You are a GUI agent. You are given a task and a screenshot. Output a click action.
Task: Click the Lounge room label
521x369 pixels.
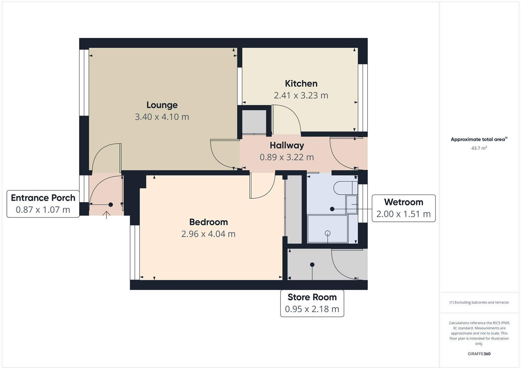[162, 105]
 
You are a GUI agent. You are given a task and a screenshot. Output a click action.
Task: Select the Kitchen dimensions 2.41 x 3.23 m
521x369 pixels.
[301, 95]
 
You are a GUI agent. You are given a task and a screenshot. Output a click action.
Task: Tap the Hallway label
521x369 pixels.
[287, 145]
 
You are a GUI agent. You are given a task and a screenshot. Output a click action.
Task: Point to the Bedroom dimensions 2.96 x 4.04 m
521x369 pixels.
[208, 234]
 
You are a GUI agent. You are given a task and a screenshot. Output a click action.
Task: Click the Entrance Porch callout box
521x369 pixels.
[43, 204]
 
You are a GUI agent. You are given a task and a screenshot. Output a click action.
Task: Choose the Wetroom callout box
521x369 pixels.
[403, 208]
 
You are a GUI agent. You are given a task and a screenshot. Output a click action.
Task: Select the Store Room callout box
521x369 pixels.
[312, 303]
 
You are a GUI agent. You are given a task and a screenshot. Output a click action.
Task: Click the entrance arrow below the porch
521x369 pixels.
[106, 215]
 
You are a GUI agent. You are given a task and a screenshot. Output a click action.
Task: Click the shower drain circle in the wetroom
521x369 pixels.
[328, 233]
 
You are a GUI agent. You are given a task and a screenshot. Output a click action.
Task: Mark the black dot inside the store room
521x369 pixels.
[312, 264]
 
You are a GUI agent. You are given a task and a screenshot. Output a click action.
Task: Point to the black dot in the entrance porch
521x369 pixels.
[111, 205]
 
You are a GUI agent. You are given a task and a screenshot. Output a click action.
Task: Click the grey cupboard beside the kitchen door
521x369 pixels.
[254, 121]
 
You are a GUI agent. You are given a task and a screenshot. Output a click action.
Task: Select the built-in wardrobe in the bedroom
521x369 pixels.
[293, 209]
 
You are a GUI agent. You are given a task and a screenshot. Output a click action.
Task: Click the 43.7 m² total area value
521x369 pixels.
[479, 148]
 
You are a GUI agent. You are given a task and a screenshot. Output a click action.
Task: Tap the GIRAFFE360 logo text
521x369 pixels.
[479, 354]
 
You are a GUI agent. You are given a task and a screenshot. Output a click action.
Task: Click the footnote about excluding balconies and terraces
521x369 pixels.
[479, 302]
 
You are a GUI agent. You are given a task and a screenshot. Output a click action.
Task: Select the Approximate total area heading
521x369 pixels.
[479, 139]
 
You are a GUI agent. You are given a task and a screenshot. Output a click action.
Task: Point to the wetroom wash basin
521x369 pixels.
[352, 204]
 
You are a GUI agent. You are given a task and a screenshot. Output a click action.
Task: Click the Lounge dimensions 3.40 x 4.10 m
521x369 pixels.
[162, 117]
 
